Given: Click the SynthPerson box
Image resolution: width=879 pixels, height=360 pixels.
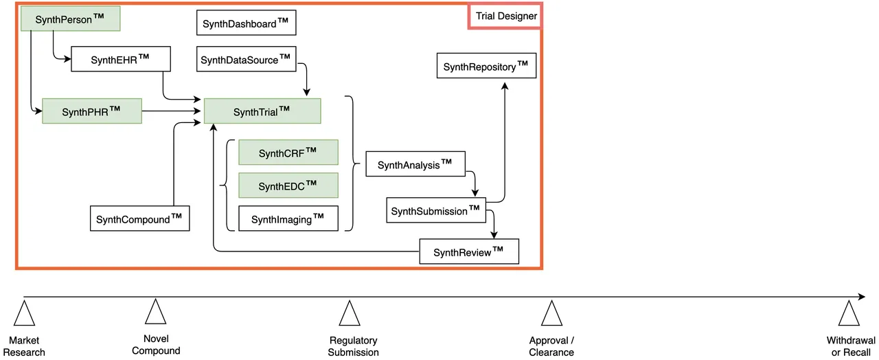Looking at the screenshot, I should coord(70,19).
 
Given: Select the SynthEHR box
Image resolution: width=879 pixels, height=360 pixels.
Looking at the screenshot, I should coord(121,59).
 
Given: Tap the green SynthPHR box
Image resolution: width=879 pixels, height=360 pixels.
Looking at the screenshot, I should coord(92,111).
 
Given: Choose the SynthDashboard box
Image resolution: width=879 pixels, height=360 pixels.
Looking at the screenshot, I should coord(247,23).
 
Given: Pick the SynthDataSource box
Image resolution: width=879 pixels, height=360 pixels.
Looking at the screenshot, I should coord(247,59).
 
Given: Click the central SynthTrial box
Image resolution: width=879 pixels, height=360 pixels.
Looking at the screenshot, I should coord(262,111).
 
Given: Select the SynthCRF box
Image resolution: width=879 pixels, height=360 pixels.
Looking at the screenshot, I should coord(288,153).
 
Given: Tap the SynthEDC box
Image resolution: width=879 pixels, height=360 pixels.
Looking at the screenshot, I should coord(288,185).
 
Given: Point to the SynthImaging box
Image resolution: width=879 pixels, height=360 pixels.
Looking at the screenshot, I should coord(288,218).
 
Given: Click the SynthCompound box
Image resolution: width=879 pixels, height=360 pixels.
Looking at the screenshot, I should coord(140,218).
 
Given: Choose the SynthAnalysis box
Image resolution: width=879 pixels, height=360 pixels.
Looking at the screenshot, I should coord(416,165).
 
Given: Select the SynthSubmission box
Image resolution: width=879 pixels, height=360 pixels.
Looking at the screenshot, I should coord(435,210).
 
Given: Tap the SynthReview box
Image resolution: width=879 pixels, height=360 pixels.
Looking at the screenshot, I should coord(468,251).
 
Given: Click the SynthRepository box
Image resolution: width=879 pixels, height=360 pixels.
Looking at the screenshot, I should coord(486,66).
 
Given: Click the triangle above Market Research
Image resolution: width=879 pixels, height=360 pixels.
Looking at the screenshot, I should coord(24,314).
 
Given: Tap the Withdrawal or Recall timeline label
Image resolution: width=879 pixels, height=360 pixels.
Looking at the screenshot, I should coord(851,346).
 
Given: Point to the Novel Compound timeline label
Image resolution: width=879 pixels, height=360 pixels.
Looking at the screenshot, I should coord(156,345).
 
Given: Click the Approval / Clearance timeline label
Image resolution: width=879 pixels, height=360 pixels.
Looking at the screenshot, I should coord(551,346).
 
